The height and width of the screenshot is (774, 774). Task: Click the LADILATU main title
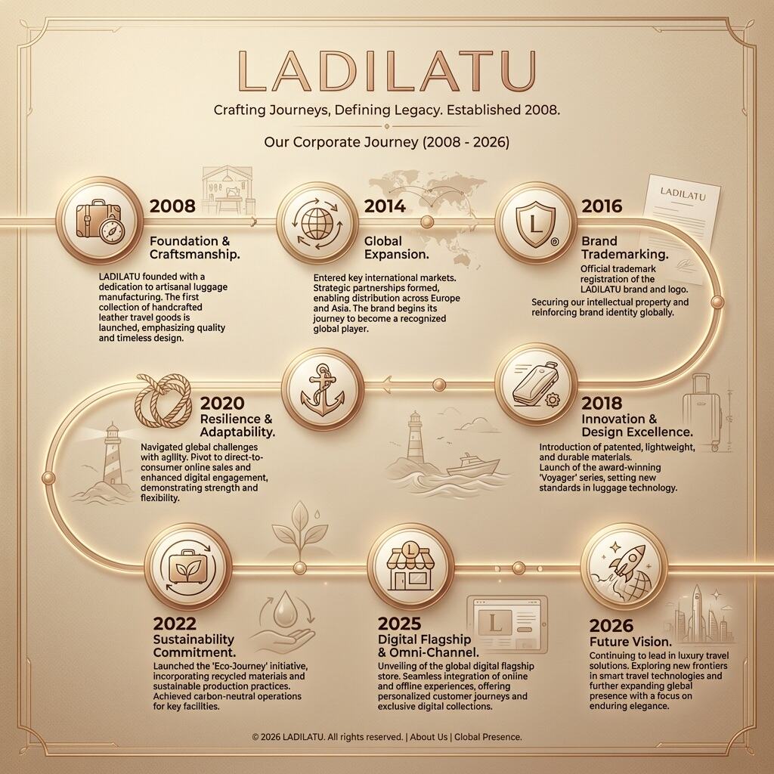[386, 70]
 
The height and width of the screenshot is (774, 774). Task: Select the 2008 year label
[172, 206]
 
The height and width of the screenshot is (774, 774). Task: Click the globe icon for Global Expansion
[317, 223]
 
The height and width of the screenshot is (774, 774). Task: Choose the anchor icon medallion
[322, 389]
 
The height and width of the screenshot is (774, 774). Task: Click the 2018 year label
[601, 404]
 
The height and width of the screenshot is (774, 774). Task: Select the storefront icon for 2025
[410, 567]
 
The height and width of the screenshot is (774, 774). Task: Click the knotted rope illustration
[163, 401]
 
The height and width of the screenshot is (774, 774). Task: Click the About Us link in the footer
[429, 737]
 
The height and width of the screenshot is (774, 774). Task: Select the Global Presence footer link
[488, 737]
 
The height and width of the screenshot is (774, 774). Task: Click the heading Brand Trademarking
[625, 247]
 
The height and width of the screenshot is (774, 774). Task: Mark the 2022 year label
[175, 624]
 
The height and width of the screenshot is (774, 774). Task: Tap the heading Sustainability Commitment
[194, 646]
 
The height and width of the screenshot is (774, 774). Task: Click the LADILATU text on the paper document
[683, 193]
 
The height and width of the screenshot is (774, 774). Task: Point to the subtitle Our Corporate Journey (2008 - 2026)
[386, 142]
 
